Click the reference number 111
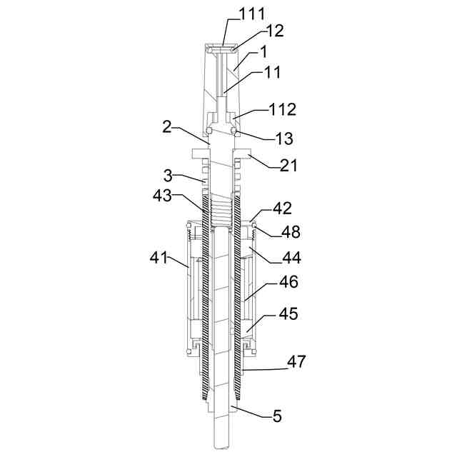(252, 14)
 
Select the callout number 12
(274, 31)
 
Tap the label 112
(283, 110)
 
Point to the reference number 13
(283, 138)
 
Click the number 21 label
(288, 165)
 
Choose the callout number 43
(162, 196)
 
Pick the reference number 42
(282, 209)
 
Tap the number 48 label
(291, 232)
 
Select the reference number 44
(291, 258)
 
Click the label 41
(159, 258)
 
